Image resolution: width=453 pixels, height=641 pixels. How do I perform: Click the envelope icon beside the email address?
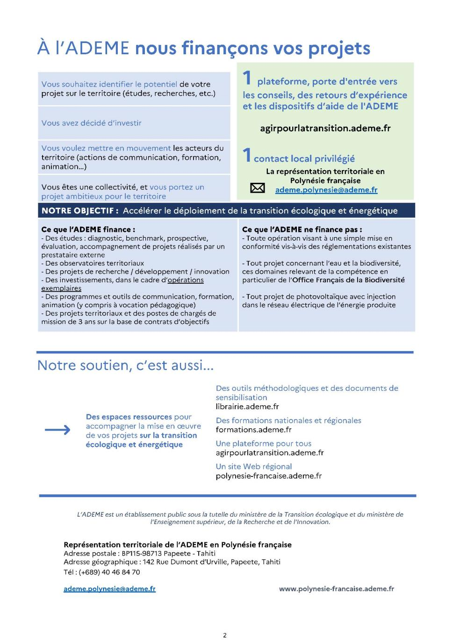tap(258, 188)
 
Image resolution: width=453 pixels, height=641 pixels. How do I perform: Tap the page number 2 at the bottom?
tap(225, 635)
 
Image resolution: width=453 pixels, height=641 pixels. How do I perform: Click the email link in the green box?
tap(326, 190)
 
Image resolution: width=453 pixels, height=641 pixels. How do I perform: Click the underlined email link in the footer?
tap(109, 589)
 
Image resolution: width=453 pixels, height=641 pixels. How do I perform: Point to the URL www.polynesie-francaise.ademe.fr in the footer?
tap(336, 589)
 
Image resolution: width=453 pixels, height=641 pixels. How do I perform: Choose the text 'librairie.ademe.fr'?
tap(247, 407)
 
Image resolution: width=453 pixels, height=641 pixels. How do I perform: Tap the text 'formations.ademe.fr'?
tap(253, 430)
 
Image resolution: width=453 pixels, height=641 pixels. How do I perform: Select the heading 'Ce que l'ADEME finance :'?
tap(88, 230)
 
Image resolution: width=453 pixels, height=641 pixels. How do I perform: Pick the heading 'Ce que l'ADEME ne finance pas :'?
tap(302, 230)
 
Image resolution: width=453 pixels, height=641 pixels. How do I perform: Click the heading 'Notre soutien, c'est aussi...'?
tap(125, 365)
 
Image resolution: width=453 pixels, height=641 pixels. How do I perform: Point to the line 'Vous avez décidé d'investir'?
tap(91, 123)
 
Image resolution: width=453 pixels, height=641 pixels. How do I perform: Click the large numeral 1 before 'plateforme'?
tap(247, 78)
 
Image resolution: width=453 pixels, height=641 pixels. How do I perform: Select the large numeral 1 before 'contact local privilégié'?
tap(247, 155)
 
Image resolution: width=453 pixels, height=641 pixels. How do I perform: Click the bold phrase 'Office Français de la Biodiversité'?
tap(348, 280)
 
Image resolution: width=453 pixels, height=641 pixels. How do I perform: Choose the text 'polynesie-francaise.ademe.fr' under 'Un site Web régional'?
tap(268, 476)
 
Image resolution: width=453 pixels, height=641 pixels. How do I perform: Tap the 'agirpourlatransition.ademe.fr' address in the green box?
tap(325, 128)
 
